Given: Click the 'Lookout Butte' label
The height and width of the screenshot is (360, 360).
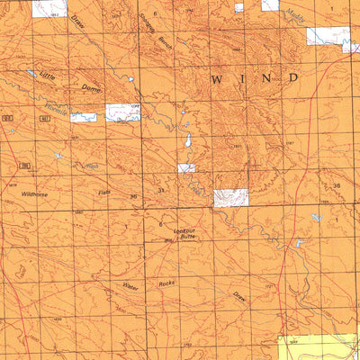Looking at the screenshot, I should click(x=185, y=234).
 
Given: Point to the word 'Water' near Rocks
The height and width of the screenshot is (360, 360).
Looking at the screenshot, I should click(x=130, y=285).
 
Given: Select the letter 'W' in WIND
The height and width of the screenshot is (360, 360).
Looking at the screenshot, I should click(x=216, y=80).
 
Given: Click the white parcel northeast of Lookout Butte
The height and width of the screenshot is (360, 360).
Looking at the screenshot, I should click(x=230, y=198).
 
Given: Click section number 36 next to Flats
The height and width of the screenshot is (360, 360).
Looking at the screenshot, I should click(x=133, y=195).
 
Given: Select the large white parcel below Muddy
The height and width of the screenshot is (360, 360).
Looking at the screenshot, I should click(x=327, y=37).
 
